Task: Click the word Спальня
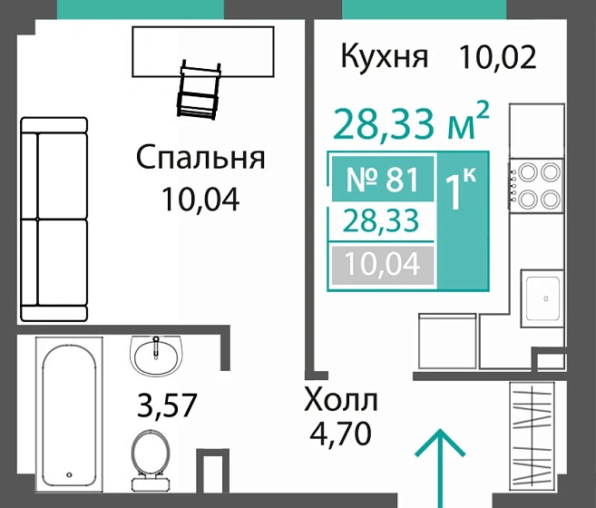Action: point(200,158)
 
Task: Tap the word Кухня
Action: point(384,57)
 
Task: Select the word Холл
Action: point(340,399)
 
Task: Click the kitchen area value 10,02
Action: point(498,57)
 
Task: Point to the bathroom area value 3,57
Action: point(165,404)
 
